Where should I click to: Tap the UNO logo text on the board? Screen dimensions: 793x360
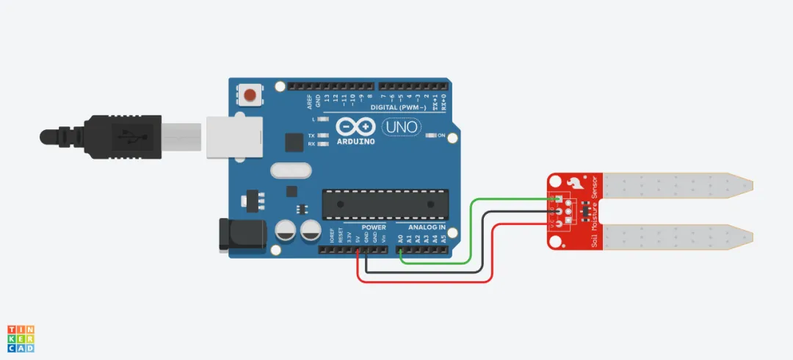tap(401, 127)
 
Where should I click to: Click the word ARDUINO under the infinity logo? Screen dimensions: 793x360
tap(355, 141)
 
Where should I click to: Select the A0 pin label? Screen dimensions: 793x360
tap(400, 238)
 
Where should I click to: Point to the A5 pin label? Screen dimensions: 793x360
tap(443, 238)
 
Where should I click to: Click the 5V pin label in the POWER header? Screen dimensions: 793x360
tap(358, 239)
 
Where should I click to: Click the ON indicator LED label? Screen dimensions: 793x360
tap(442, 136)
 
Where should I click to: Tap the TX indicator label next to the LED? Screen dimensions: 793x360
tap(312, 136)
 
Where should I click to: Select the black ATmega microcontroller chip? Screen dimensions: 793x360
tap(385, 204)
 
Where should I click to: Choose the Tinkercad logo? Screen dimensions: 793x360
tap(21, 338)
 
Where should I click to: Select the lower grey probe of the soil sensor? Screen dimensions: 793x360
tap(676, 237)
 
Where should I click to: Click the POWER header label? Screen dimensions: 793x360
tap(374, 228)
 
